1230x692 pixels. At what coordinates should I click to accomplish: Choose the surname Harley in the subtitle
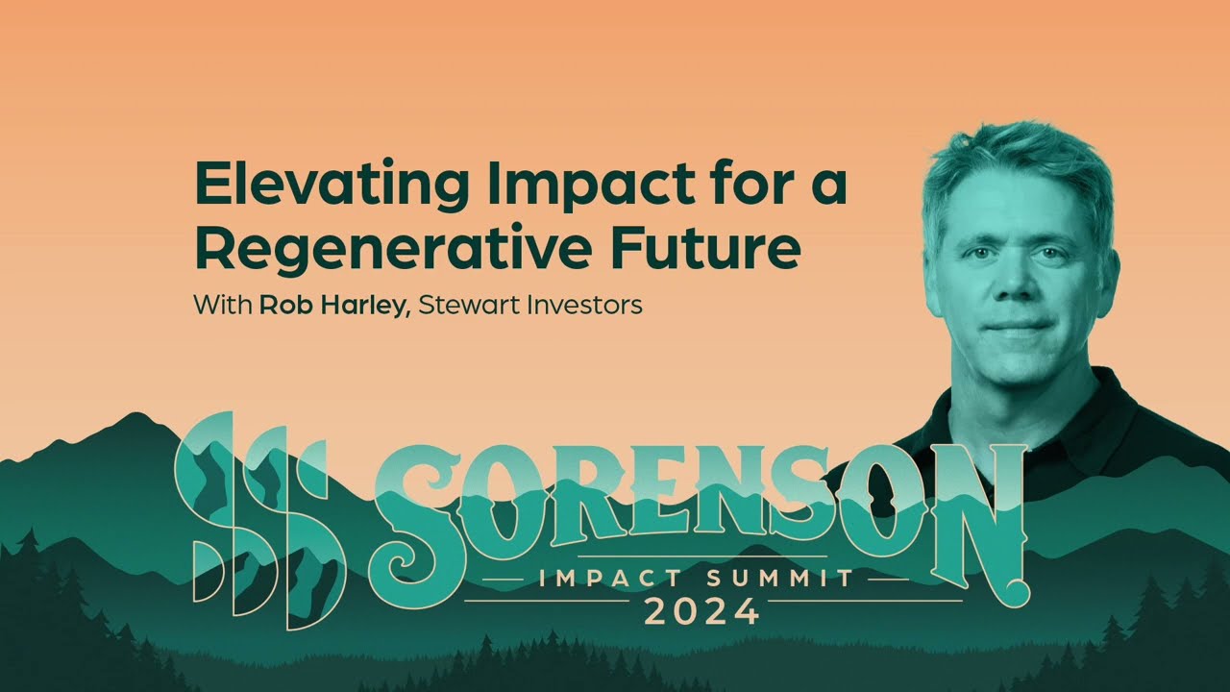click(359, 307)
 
